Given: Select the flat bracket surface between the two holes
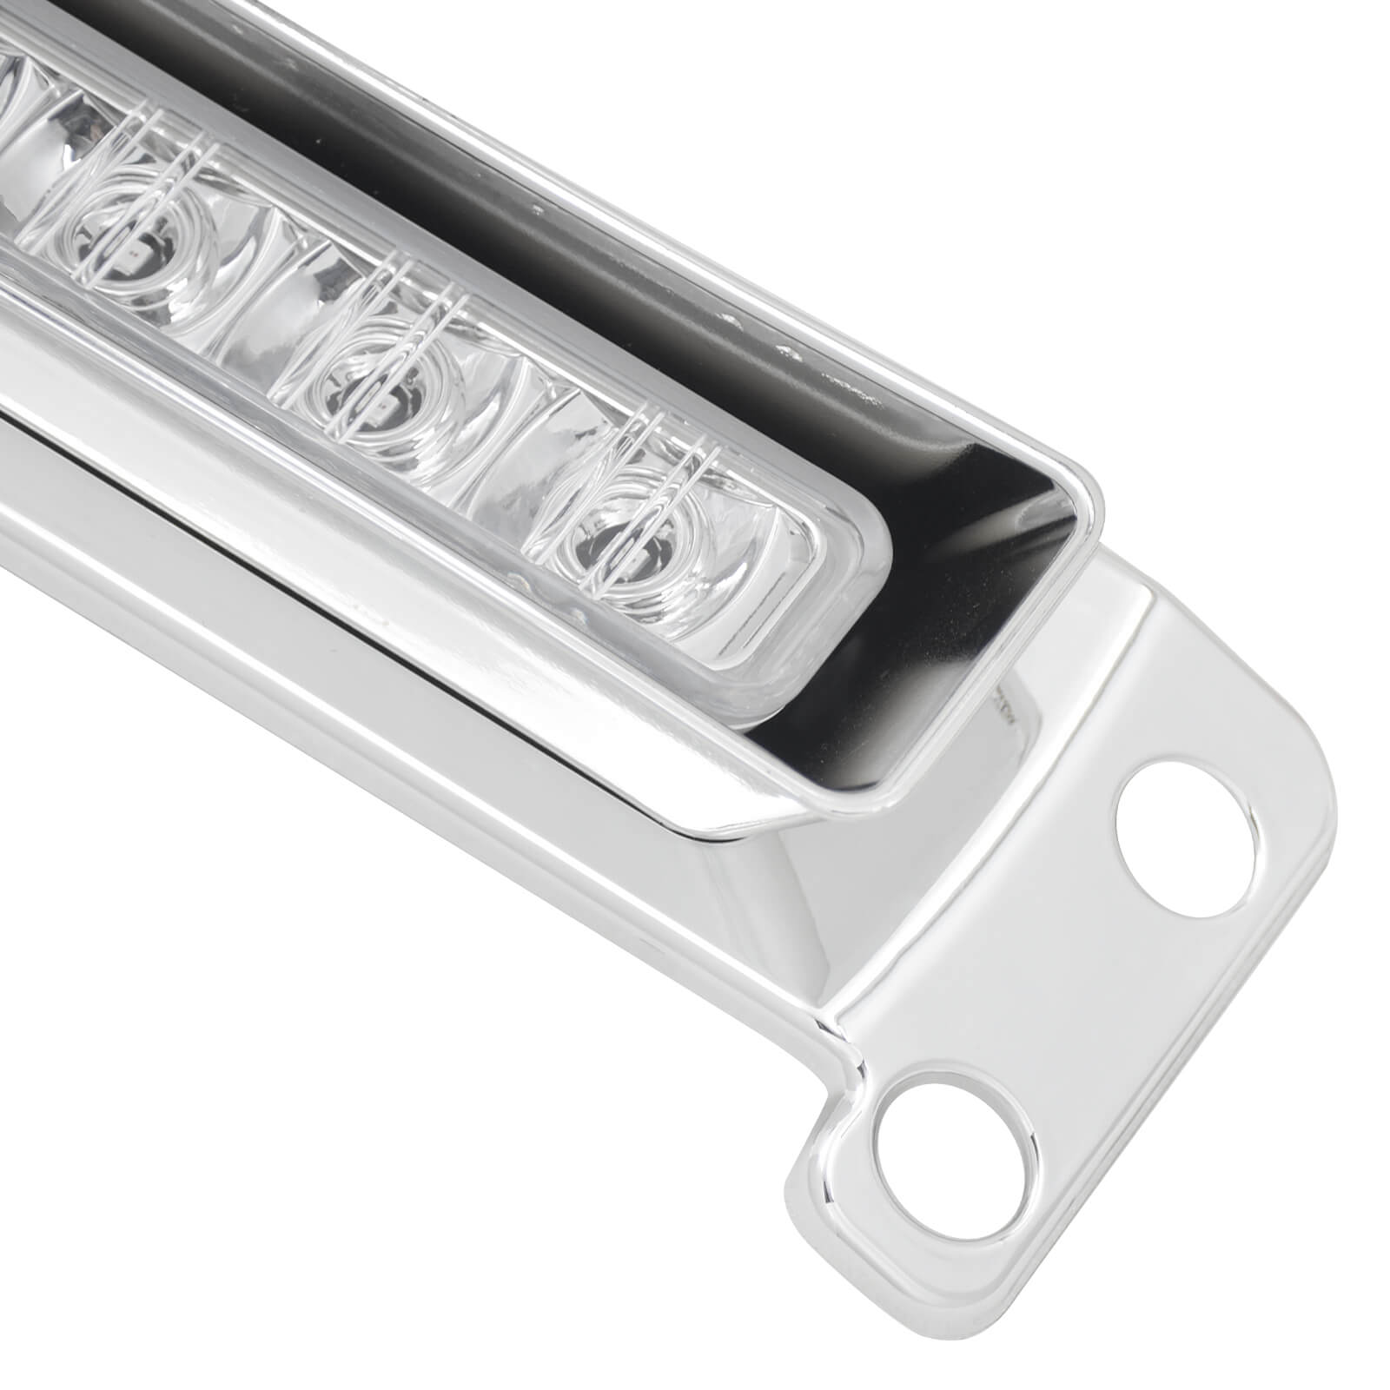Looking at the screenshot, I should (x=1042, y=982).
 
